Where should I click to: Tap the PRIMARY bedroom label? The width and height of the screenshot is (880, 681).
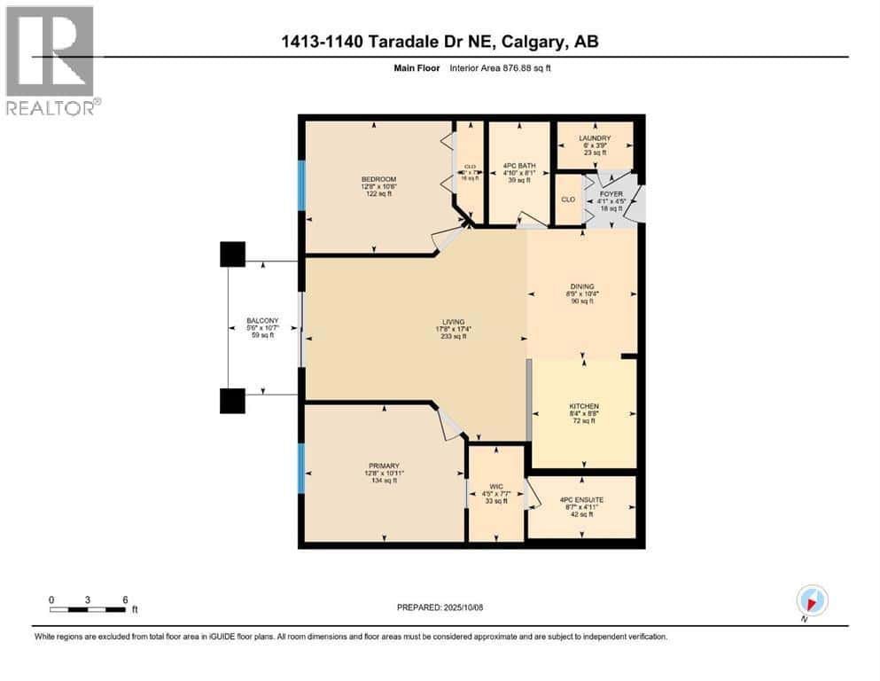(384, 466)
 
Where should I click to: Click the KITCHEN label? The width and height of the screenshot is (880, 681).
(582, 406)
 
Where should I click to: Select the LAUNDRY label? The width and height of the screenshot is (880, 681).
(596, 138)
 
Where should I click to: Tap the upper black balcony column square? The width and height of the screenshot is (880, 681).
(232, 254)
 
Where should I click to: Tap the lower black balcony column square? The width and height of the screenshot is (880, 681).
(232, 401)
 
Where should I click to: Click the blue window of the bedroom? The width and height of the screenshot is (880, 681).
(301, 184)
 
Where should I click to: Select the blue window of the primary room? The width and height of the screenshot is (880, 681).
(301, 467)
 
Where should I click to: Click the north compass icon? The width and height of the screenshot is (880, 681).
(812, 600)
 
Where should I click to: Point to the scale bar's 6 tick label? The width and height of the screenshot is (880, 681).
(125, 599)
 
